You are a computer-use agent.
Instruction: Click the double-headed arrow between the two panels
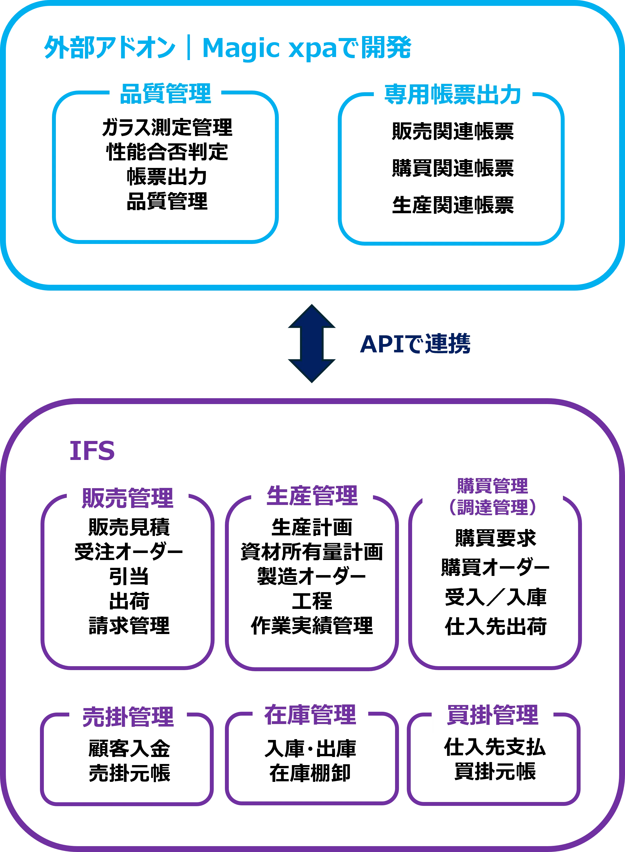coord(312,343)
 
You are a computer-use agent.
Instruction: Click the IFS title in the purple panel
coord(92,451)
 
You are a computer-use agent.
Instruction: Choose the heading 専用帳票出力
coord(453,94)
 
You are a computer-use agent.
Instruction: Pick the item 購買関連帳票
coord(453,168)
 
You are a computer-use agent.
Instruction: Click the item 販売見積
coord(129,527)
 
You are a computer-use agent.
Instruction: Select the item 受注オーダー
coord(129,552)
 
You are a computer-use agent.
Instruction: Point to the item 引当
coord(129,576)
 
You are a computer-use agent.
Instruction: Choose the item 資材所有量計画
coord(312,552)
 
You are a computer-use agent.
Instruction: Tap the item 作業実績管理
coord(312,625)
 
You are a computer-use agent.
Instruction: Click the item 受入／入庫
coord(496,597)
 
